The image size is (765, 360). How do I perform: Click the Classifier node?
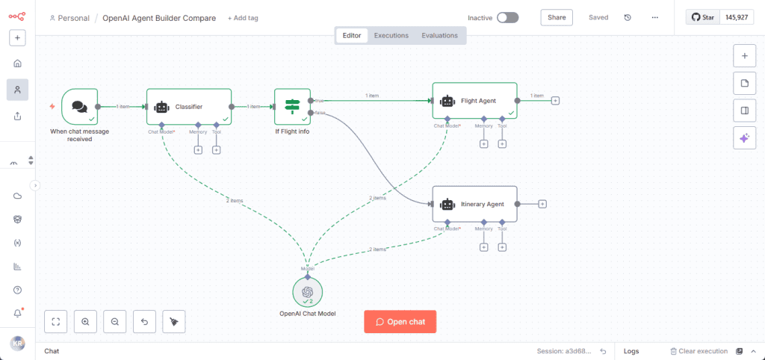[x=188, y=106]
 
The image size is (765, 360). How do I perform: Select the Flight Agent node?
[x=474, y=100]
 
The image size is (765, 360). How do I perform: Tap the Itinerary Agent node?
[x=474, y=204]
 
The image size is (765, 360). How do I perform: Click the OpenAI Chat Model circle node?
[x=307, y=292]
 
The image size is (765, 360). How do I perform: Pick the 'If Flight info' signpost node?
[x=292, y=106]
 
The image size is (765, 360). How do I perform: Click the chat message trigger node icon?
[x=79, y=106]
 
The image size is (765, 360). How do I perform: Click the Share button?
[x=557, y=17]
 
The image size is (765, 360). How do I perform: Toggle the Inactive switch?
[x=507, y=17]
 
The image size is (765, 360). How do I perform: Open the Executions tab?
[x=391, y=35]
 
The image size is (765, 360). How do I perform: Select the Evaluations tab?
[x=440, y=35]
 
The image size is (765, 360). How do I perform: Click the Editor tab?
[x=351, y=35]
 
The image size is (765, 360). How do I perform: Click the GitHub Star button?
[x=702, y=17]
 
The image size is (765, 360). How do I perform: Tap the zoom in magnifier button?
[x=85, y=321]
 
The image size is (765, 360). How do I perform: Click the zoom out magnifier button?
[x=115, y=321]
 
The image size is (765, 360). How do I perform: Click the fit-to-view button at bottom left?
[x=56, y=321]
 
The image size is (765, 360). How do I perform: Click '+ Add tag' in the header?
[x=243, y=18]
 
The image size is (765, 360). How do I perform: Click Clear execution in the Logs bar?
[x=698, y=351]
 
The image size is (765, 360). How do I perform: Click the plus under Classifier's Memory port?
[x=198, y=150]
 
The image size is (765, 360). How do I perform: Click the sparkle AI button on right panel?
[x=744, y=137]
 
